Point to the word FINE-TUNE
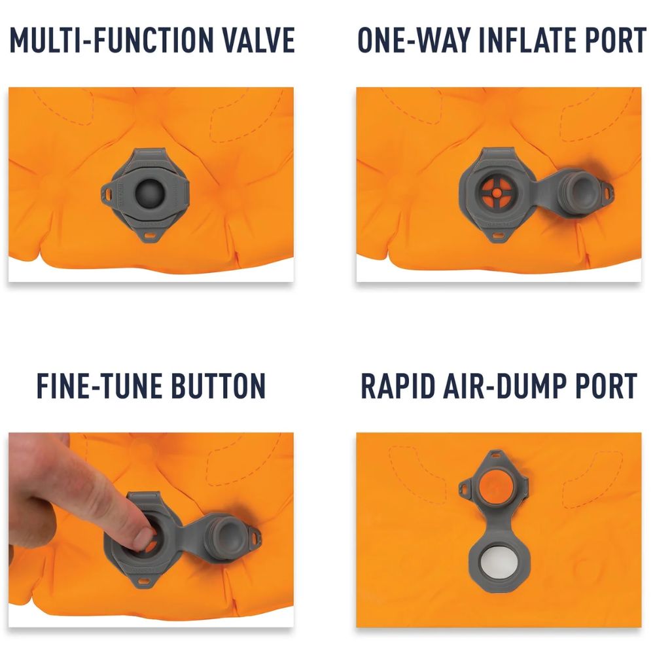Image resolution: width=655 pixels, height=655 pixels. coord(99,385)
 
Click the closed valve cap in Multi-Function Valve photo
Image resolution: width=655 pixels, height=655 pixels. coord(150,193)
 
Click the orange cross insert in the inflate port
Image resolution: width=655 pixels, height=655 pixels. coord(496,192)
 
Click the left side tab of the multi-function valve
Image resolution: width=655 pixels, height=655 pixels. coord(108,194)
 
